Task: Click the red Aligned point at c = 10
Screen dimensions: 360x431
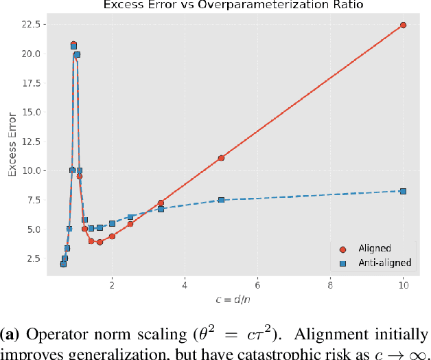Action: coord(403,25)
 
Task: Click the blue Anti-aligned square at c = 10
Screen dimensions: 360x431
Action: coord(403,191)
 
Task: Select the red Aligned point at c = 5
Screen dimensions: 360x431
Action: coord(221,158)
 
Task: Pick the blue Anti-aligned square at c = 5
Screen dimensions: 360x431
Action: coord(221,200)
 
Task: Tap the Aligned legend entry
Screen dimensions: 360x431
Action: coord(374,249)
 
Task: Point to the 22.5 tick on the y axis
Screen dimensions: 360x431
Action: coord(32,25)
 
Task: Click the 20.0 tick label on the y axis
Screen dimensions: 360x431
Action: coord(32,54)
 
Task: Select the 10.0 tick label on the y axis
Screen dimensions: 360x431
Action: coord(32,170)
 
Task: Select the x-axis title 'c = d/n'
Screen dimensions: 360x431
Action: coord(230,300)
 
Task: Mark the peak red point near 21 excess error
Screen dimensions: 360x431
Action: coord(73,44)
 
